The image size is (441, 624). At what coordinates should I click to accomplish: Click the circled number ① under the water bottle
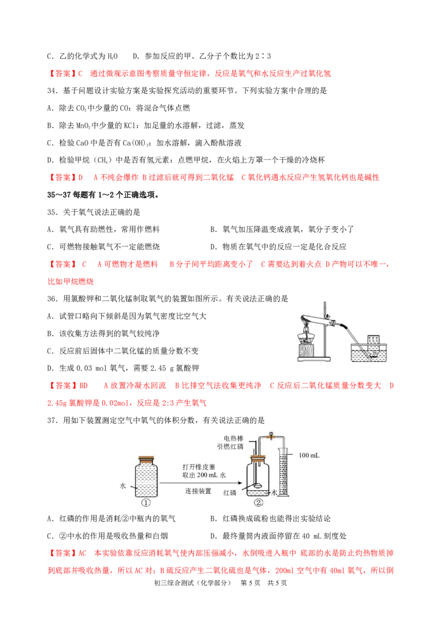(146, 503)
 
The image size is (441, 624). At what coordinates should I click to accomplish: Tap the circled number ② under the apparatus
(259, 503)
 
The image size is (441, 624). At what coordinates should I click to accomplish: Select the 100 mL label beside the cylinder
(309, 455)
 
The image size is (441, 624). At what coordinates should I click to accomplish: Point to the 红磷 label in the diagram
(230, 493)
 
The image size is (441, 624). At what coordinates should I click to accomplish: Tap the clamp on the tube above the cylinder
(271, 436)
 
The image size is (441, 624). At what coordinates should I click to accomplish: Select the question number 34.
(52, 91)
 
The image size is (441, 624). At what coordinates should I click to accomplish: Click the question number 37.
(52, 420)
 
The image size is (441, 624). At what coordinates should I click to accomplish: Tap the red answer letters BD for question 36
(84, 386)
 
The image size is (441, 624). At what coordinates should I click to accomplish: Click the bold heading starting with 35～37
(104, 195)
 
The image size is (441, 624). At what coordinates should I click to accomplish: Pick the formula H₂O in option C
(112, 57)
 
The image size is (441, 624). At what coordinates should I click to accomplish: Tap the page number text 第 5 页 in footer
(250, 583)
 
